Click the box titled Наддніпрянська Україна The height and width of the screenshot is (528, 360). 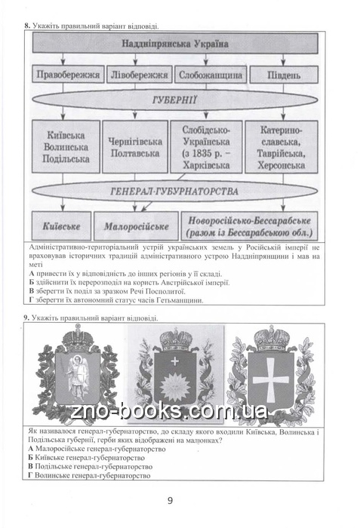[x=175, y=43]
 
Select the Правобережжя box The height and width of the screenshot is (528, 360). [x=68, y=75]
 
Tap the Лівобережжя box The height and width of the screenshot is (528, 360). [x=139, y=75]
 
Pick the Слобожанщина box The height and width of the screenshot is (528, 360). [x=211, y=75]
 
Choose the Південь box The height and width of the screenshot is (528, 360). [x=284, y=75]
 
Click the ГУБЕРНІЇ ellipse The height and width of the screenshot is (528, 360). [x=175, y=100]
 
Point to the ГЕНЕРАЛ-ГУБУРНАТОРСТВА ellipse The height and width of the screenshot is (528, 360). [x=175, y=191]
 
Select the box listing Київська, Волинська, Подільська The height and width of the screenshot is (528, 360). [x=66, y=146]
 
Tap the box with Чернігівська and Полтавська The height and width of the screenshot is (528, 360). [x=135, y=146]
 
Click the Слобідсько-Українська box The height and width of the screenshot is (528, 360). [x=206, y=146]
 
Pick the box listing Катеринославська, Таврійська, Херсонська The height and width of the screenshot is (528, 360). [x=282, y=146]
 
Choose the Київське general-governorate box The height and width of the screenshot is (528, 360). [x=61, y=226]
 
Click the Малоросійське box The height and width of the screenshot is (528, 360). [x=136, y=226]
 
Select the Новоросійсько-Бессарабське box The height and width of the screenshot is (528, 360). [x=250, y=226]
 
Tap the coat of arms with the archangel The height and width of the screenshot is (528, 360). [x=77, y=373]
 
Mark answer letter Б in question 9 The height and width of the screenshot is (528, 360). [x=30, y=458]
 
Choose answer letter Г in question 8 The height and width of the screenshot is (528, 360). [x=32, y=300]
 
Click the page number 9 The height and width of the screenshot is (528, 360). [x=170, y=500]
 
